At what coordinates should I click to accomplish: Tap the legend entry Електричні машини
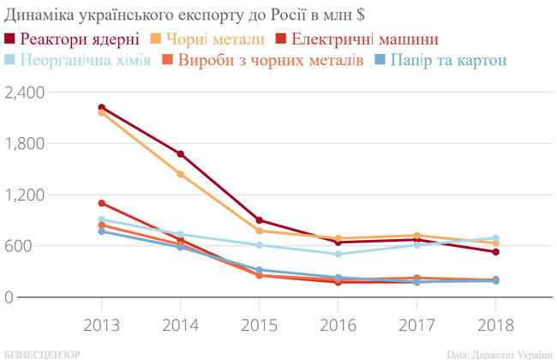pyautogui.click(x=365, y=39)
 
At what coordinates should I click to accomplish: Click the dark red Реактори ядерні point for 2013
pyautogui.click(x=101, y=107)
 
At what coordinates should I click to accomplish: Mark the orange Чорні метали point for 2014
pyautogui.click(x=180, y=174)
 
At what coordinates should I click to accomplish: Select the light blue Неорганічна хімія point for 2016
pyautogui.click(x=338, y=254)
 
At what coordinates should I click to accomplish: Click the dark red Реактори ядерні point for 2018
pyautogui.click(x=495, y=252)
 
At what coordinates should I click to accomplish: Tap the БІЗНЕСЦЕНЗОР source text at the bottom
pyautogui.click(x=43, y=353)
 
